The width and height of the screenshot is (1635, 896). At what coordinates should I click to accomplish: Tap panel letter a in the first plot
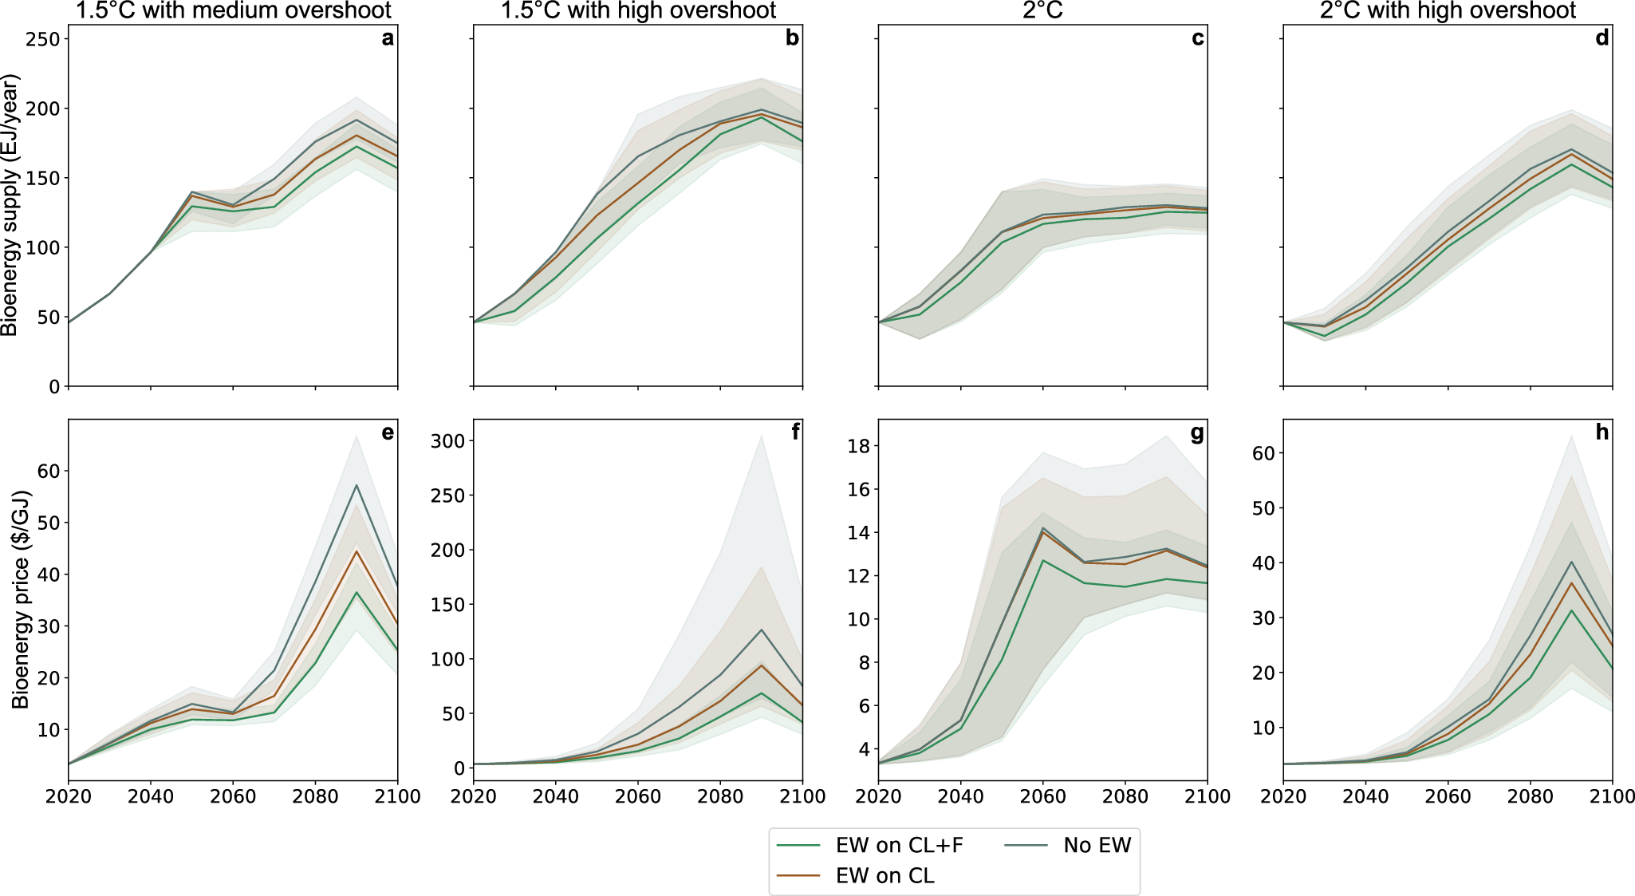[x=388, y=38]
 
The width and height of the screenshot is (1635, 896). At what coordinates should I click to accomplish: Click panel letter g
[x=1197, y=433]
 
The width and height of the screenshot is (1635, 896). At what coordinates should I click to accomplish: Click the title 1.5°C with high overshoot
[x=638, y=10]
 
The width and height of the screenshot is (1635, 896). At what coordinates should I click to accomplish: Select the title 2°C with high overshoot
[x=1448, y=10]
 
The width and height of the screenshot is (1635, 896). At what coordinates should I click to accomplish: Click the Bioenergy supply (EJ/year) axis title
[x=10, y=205]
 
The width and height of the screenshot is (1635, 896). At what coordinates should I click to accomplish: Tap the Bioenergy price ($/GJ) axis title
[x=20, y=599]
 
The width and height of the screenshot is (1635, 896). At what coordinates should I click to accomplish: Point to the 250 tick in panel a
[x=43, y=39]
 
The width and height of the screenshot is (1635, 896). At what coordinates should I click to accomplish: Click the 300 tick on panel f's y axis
[x=447, y=440]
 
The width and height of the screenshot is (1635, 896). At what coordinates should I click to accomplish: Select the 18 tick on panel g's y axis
[x=858, y=446]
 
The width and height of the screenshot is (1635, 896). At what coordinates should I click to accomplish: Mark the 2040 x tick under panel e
[x=151, y=797]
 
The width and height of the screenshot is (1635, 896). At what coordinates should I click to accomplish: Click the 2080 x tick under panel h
[x=1530, y=797]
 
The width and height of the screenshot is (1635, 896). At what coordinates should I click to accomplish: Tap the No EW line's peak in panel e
[x=357, y=485]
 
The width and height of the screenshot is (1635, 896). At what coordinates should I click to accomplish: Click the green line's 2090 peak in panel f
[x=762, y=693]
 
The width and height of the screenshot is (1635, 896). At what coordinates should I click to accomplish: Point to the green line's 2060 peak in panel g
[x=1043, y=560]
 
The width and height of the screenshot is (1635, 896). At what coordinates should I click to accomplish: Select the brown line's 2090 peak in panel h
[x=1571, y=582]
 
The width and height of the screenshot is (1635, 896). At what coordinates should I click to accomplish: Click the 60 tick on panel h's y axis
[x=1263, y=453]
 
